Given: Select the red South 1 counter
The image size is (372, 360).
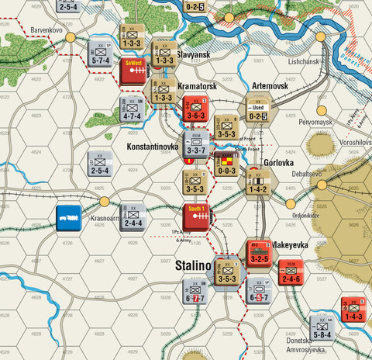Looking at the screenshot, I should [197, 216].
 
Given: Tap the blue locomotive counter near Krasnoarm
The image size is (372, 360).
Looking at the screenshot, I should [70, 216].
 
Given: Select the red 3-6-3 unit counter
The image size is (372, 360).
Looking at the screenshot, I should [194, 112].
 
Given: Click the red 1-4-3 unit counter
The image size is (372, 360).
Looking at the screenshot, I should [353, 310].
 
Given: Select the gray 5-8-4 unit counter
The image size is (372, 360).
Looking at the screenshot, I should [322, 328].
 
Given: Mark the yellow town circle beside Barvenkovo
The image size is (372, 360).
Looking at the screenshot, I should [70, 36].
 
